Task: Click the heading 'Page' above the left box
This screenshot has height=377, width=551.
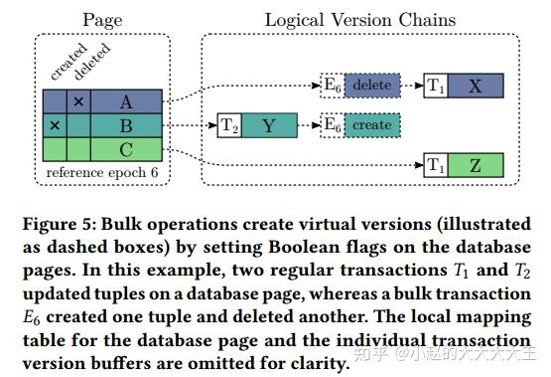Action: tap(102, 18)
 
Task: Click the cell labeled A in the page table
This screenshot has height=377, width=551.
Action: tap(125, 101)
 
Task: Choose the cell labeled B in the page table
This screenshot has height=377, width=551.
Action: tap(125, 126)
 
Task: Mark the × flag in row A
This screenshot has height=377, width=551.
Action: tap(77, 101)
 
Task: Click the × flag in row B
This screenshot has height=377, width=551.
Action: tap(55, 126)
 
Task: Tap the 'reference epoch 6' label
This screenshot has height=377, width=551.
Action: tap(102, 173)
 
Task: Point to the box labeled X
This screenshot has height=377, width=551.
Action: tap(475, 87)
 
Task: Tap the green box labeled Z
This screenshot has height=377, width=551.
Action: tap(475, 165)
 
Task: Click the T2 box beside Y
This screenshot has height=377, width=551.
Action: tap(229, 126)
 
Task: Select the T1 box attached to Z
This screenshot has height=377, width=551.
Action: tap(435, 165)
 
